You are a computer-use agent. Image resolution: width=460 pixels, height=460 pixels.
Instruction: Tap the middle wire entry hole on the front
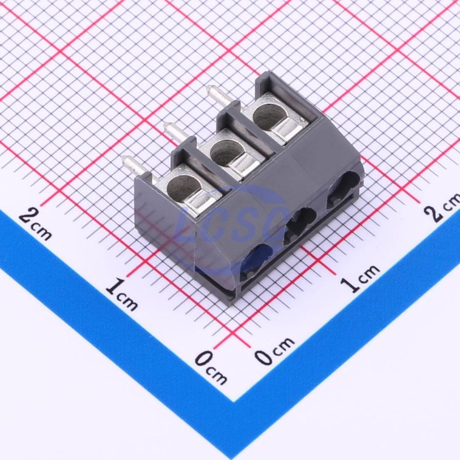[x=300, y=224]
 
